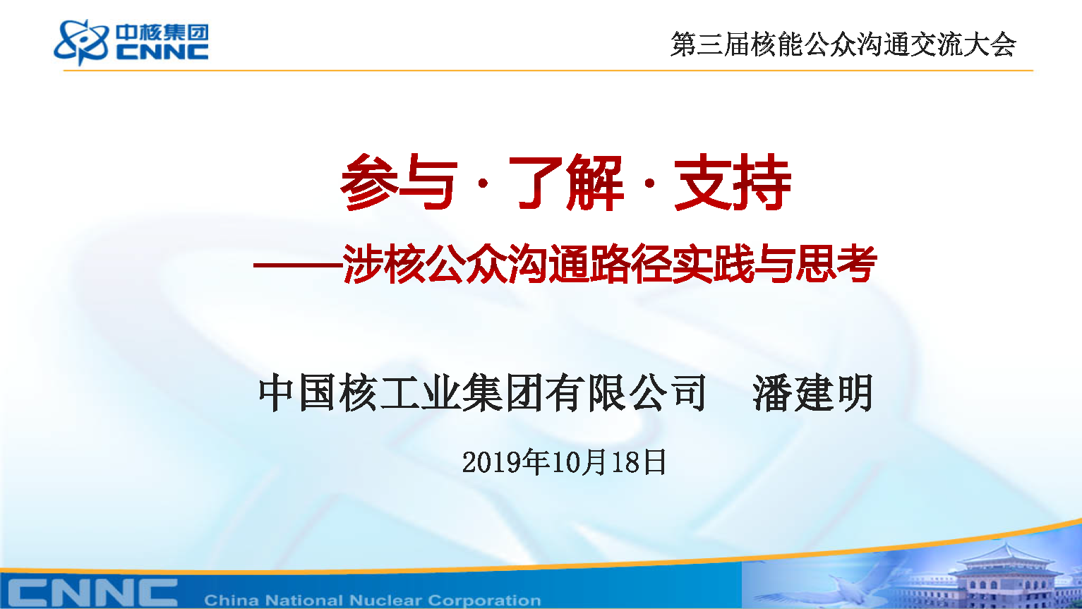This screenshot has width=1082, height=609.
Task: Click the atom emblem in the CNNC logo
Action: [81, 42]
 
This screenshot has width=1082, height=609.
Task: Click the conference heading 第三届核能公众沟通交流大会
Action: [843, 44]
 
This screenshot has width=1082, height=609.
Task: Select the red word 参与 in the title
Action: [398, 183]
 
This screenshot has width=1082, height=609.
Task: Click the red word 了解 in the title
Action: [565, 183]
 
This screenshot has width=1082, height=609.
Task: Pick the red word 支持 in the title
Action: [733, 183]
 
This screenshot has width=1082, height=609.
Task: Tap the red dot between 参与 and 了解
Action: [483, 183]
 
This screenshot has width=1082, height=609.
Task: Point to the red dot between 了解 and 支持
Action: [649, 183]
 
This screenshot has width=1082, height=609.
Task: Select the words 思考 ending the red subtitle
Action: [836, 263]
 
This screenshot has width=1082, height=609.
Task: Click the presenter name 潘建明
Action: [813, 392]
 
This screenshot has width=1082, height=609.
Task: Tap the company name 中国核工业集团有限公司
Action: [483, 392]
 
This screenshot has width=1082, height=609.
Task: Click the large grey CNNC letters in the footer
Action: [92, 592]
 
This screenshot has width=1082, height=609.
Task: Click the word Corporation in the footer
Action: [484, 601]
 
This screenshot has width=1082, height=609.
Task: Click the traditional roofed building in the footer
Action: [1005, 577]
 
